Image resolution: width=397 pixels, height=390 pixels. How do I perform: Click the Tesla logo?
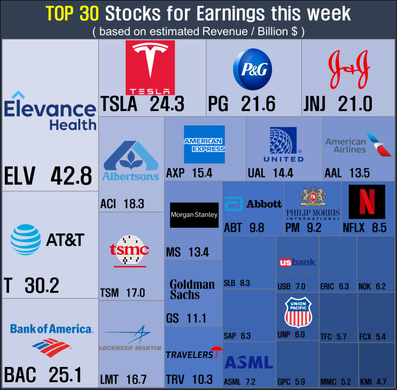(150, 67)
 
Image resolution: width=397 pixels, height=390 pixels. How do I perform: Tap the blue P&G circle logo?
(252, 69)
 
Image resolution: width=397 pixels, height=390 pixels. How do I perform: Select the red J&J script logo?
(349, 69)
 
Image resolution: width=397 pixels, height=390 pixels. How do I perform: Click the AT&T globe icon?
(26, 240)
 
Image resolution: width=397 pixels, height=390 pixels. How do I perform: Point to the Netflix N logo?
(367, 202)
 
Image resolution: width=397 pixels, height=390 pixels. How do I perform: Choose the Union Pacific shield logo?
(298, 313)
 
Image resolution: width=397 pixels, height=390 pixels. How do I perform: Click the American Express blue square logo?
(204, 145)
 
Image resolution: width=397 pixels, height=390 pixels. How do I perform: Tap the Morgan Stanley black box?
(194, 215)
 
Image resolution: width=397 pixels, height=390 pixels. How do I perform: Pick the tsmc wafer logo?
(129, 251)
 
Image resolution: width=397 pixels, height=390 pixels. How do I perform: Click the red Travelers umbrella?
(217, 352)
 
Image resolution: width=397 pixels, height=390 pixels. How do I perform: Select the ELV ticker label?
(19, 176)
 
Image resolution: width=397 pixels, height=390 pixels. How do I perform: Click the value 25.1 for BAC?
(65, 375)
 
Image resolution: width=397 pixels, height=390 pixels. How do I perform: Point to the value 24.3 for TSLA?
(167, 104)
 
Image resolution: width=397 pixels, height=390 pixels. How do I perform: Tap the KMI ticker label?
(366, 381)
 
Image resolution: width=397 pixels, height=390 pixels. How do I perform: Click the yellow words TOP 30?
(72, 13)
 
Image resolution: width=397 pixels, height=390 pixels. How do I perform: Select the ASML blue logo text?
(248, 362)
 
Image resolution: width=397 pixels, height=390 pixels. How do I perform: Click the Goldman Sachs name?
(192, 290)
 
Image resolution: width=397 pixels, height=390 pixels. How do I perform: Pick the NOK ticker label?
(364, 286)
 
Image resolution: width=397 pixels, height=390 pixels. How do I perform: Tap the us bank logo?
(298, 262)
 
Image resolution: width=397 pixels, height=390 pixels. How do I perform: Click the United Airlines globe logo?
(283, 140)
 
